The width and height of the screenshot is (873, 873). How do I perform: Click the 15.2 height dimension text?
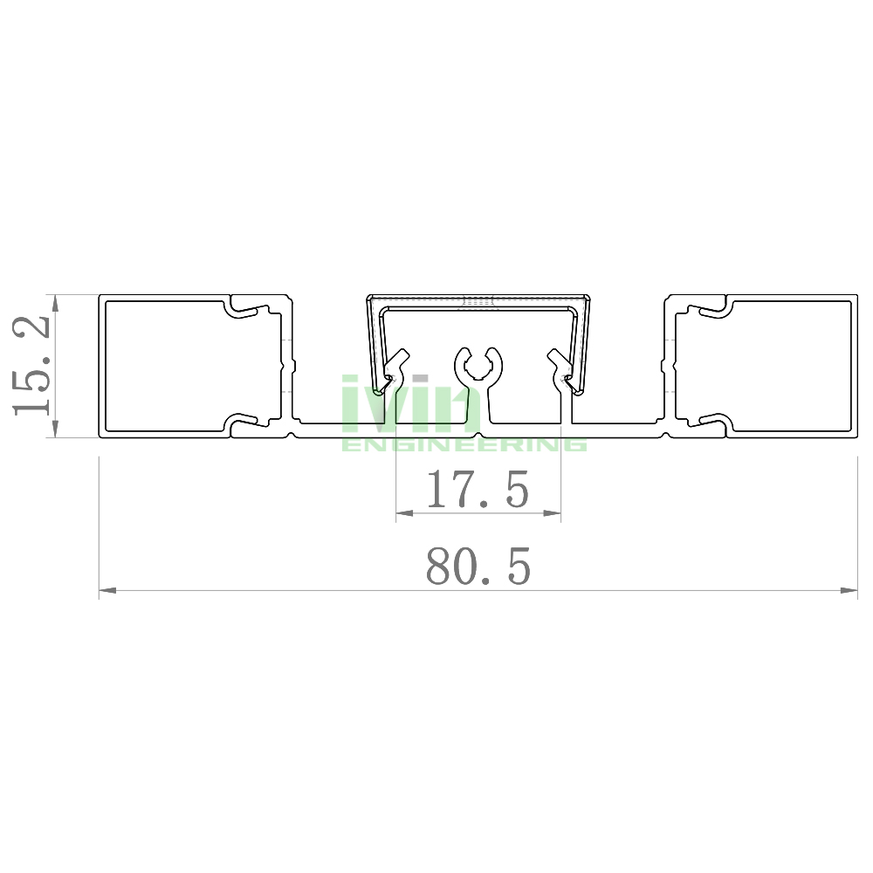(31, 365)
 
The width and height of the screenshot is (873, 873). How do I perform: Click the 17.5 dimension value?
(478, 490)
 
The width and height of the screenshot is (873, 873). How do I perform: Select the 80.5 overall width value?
(478, 566)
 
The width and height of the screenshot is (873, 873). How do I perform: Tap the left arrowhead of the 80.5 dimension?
(107, 590)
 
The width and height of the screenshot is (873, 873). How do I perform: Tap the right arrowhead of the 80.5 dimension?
(849, 590)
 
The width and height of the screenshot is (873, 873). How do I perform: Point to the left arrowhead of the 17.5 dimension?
(404, 513)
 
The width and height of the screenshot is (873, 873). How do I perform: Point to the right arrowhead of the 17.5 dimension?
(552, 513)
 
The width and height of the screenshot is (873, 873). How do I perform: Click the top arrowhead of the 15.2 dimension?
(54, 303)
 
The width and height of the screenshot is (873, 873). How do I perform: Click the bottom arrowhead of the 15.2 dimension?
(54, 429)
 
